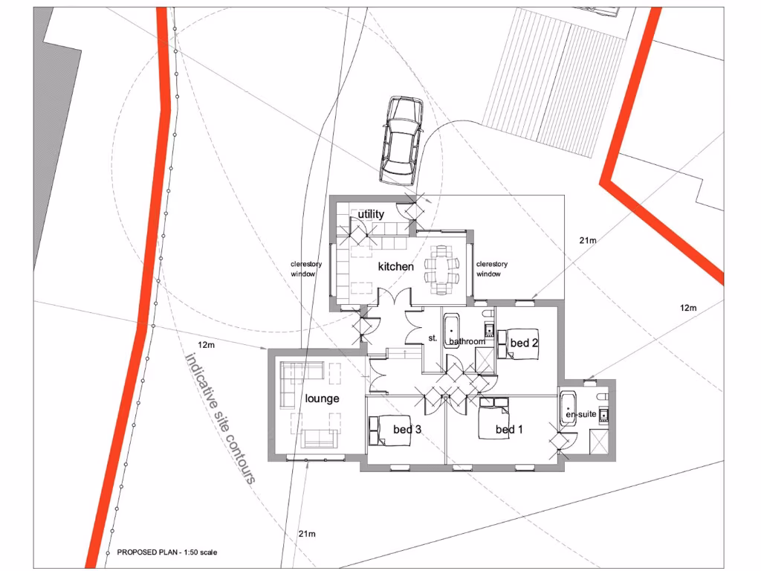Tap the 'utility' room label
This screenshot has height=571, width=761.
pos(371,214)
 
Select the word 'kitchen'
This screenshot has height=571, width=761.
pos(395,266)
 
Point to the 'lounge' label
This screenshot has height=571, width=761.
pos(322,399)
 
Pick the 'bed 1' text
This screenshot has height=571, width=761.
pos(509,430)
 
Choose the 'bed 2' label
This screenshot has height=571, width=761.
pos(524,343)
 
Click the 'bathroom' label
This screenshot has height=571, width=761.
pos(466,342)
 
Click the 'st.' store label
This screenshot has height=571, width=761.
pos(433,338)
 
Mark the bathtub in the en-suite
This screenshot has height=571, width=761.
pos(568,409)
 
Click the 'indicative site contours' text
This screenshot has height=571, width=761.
pos(219,418)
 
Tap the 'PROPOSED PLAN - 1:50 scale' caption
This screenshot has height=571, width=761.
pos(168,553)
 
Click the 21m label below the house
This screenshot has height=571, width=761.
pos(307,534)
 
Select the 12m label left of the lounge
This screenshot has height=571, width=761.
pos(206,345)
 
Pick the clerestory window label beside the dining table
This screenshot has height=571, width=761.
pos(491,269)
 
